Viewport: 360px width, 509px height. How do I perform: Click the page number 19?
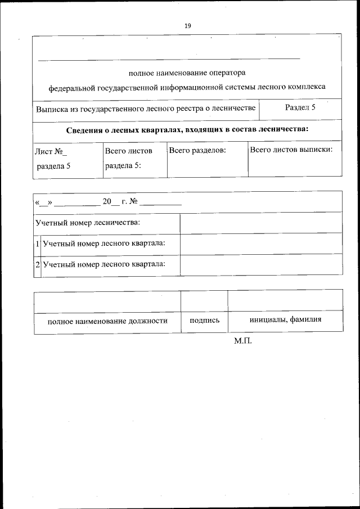188,25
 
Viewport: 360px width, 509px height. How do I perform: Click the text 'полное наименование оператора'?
187,73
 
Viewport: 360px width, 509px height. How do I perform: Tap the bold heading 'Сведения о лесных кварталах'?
187,130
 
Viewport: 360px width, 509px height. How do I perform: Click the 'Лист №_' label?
51,151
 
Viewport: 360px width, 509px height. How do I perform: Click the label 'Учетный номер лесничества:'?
87,222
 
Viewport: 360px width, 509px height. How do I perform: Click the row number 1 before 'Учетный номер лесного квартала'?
37,244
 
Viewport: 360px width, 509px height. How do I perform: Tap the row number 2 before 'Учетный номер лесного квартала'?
37,264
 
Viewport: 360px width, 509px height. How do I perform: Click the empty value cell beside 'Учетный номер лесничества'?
260,223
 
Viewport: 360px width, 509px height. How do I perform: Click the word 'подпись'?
204,321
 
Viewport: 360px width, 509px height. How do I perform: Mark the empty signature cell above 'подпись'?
204,300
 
